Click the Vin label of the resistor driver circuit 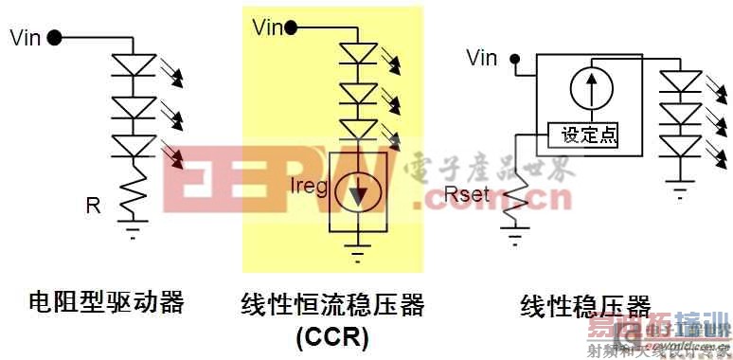(x=25, y=38)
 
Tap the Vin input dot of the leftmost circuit (x=54, y=38)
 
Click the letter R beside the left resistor (x=93, y=205)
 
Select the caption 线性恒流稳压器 (x=332, y=305)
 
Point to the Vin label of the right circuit (x=482, y=59)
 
